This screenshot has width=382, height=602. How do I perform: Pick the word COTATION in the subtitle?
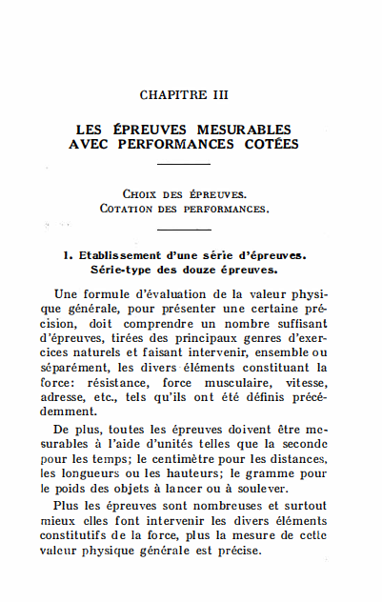pos(128,207)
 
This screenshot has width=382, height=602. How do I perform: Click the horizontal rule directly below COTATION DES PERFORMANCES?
pos(183,230)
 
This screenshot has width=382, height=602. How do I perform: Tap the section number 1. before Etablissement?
pos(68,255)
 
